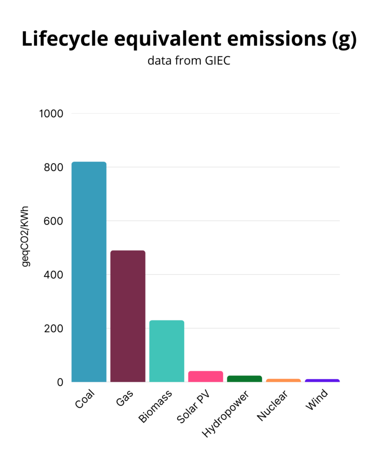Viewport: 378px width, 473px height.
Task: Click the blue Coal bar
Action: coord(89,272)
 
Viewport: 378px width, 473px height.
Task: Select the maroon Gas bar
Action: coord(128,316)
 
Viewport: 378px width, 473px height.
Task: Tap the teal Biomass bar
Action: coord(167,351)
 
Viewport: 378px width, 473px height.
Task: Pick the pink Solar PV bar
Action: coord(205,376)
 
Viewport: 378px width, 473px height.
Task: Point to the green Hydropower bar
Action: coord(245,379)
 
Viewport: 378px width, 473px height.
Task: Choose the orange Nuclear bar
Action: coord(283,380)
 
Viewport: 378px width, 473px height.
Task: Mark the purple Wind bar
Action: coord(322,381)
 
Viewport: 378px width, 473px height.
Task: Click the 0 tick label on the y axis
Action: coord(60,382)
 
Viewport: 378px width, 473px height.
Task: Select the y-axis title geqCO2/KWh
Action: coord(26,236)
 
